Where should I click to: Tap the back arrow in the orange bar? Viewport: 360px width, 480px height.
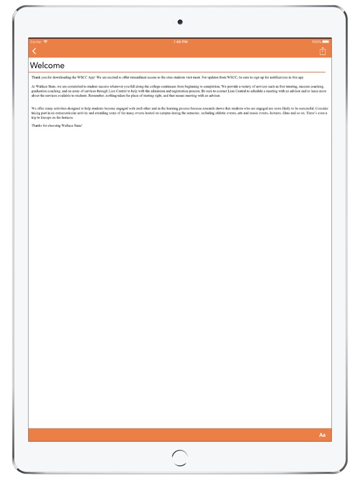click(x=34, y=51)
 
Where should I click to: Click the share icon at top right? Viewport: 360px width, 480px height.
click(x=322, y=51)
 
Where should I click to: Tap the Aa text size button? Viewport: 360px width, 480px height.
click(x=322, y=435)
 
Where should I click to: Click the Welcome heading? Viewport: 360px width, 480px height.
click(x=47, y=66)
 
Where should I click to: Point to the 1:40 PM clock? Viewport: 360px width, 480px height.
click(x=180, y=42)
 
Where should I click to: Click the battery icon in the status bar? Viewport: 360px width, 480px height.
click(x=326, y=42)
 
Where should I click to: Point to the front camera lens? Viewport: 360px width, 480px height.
click(x=180, y=22)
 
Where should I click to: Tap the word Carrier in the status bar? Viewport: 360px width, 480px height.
click(x=36, y=42)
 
